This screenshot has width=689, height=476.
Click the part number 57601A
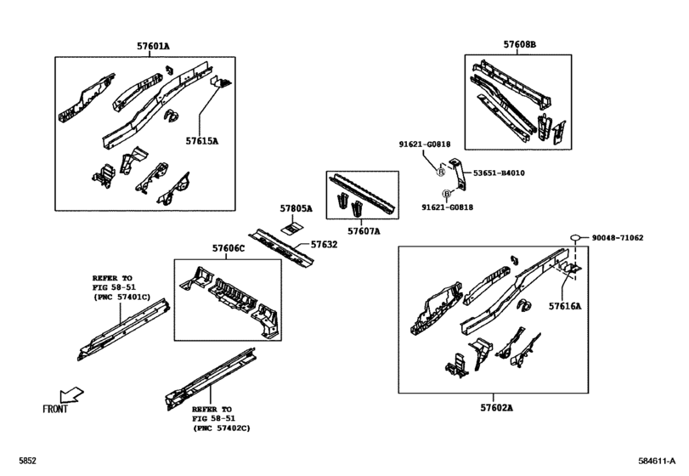point(153,46)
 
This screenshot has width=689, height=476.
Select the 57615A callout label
point(201,141)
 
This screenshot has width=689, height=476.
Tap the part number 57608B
point(520,44)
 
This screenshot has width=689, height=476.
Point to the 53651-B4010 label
point(499,173)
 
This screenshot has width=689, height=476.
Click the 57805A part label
point(296,209)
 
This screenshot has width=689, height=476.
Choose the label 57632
point(325,244)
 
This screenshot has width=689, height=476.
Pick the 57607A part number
point(364,231)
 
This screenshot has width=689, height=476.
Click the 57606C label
point(229,248)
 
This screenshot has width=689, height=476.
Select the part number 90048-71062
point(618,238)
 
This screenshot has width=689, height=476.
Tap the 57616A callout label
point(565,306)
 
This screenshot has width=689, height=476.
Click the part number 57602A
point(496,408)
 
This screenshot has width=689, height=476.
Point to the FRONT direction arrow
point(71,394)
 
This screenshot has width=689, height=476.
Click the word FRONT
point(55,409)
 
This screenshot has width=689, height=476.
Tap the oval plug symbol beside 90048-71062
point(575,238)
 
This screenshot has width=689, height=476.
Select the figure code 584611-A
point(657,461)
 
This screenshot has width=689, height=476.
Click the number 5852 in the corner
point(27,461)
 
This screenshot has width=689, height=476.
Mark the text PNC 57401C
point(123,297)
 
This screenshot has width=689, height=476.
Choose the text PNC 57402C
point(223,428)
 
